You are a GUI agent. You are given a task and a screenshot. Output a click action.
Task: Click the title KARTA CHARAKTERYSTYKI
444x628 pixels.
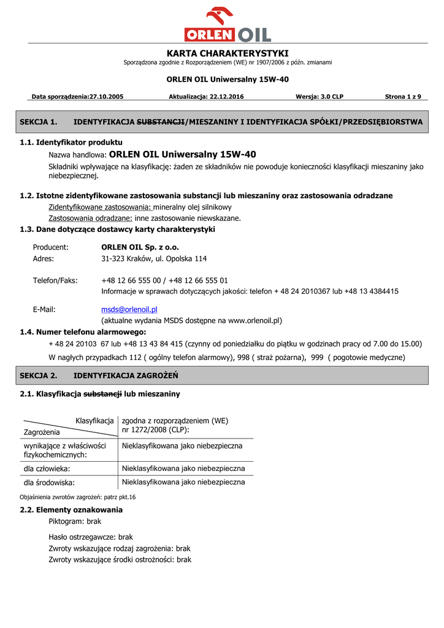pos(228,53)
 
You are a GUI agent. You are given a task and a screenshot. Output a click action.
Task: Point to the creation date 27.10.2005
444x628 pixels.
pos(107,97)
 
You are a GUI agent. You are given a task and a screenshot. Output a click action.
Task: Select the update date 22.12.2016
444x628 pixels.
pos(227,97)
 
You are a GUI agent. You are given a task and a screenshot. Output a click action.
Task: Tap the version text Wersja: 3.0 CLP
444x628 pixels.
pos(319,97)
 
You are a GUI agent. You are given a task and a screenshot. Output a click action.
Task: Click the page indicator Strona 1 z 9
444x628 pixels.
pos(407,97)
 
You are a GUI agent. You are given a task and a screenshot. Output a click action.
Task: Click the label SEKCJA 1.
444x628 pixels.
pos(39,122)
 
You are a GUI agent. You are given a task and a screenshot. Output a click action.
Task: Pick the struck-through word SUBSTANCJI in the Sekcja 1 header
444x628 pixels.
pos(161,122)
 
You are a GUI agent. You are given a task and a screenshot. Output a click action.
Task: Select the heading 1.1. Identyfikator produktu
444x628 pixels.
pos(71,142)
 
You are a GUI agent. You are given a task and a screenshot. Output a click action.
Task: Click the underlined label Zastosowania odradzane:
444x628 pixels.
pos(90,218)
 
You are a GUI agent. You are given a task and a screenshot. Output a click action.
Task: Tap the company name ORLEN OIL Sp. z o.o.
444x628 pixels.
pos(140,247)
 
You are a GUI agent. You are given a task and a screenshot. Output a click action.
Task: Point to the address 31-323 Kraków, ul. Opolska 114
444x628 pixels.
pos(154,259)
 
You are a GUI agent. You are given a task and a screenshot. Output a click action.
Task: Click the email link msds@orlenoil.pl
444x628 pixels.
pos(129,310)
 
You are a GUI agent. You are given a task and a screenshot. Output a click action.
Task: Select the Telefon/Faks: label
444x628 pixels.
pos(55,280)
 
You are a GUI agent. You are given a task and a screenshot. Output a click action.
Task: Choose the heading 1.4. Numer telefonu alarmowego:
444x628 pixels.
pos(83,332)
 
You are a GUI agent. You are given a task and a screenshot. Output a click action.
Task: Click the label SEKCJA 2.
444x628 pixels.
pos(39,375)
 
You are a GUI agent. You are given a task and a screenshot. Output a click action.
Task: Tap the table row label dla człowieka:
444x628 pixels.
pos(47,469)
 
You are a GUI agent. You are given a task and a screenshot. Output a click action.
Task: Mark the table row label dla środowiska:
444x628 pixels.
pos(49,483)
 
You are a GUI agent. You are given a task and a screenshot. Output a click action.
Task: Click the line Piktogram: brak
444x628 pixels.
pos(75,521)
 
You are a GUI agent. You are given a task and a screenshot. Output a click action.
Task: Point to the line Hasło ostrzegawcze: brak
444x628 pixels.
pos(91,537)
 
